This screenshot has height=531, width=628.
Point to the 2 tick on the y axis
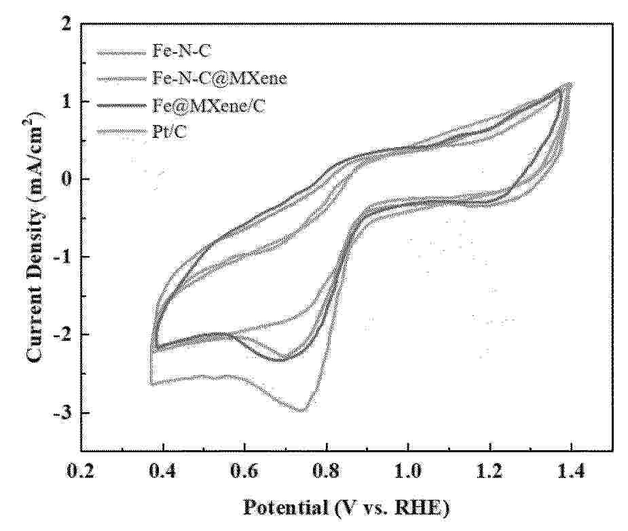coord(66,25)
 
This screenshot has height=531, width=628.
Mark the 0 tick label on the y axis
coord(66,179)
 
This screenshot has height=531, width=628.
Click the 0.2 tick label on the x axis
coord(81,471)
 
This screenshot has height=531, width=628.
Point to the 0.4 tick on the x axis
coord(163,471)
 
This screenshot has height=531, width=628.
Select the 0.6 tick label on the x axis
coord(244,471)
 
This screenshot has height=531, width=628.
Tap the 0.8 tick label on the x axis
coord(327,471)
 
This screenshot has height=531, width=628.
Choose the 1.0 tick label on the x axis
coord(408,471)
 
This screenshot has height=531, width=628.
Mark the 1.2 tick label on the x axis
coord(490,471)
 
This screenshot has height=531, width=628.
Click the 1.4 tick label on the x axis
coord(572,471)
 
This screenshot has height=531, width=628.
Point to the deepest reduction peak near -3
coord(301,409)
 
